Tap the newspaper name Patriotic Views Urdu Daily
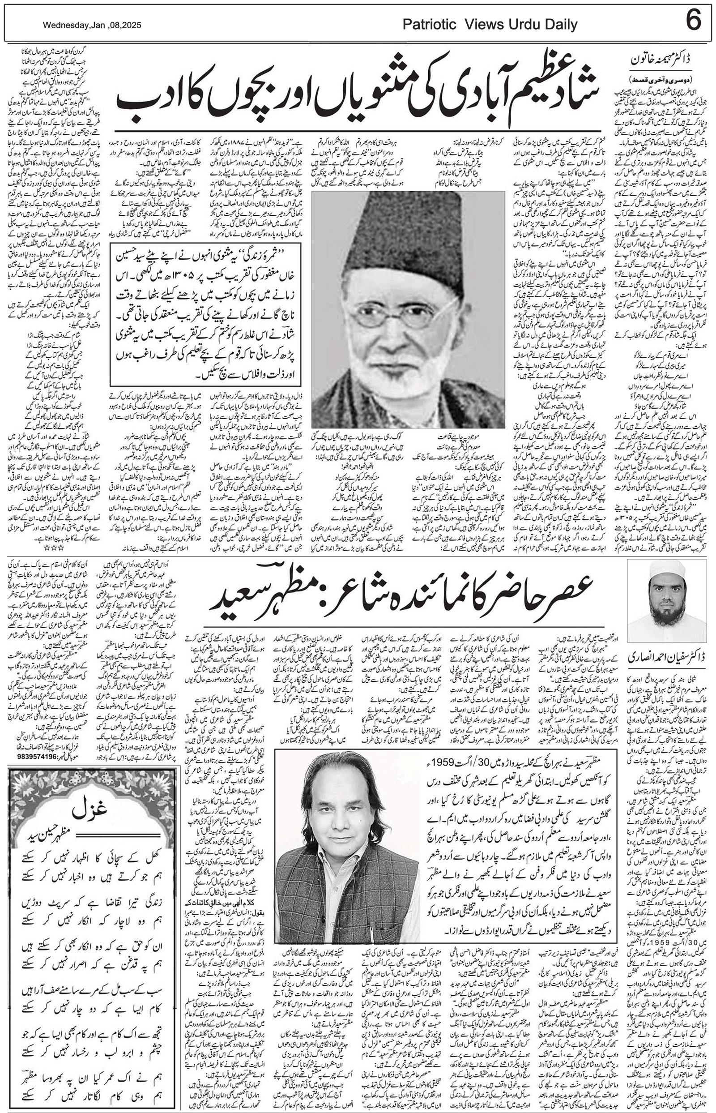coord(490,25)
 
